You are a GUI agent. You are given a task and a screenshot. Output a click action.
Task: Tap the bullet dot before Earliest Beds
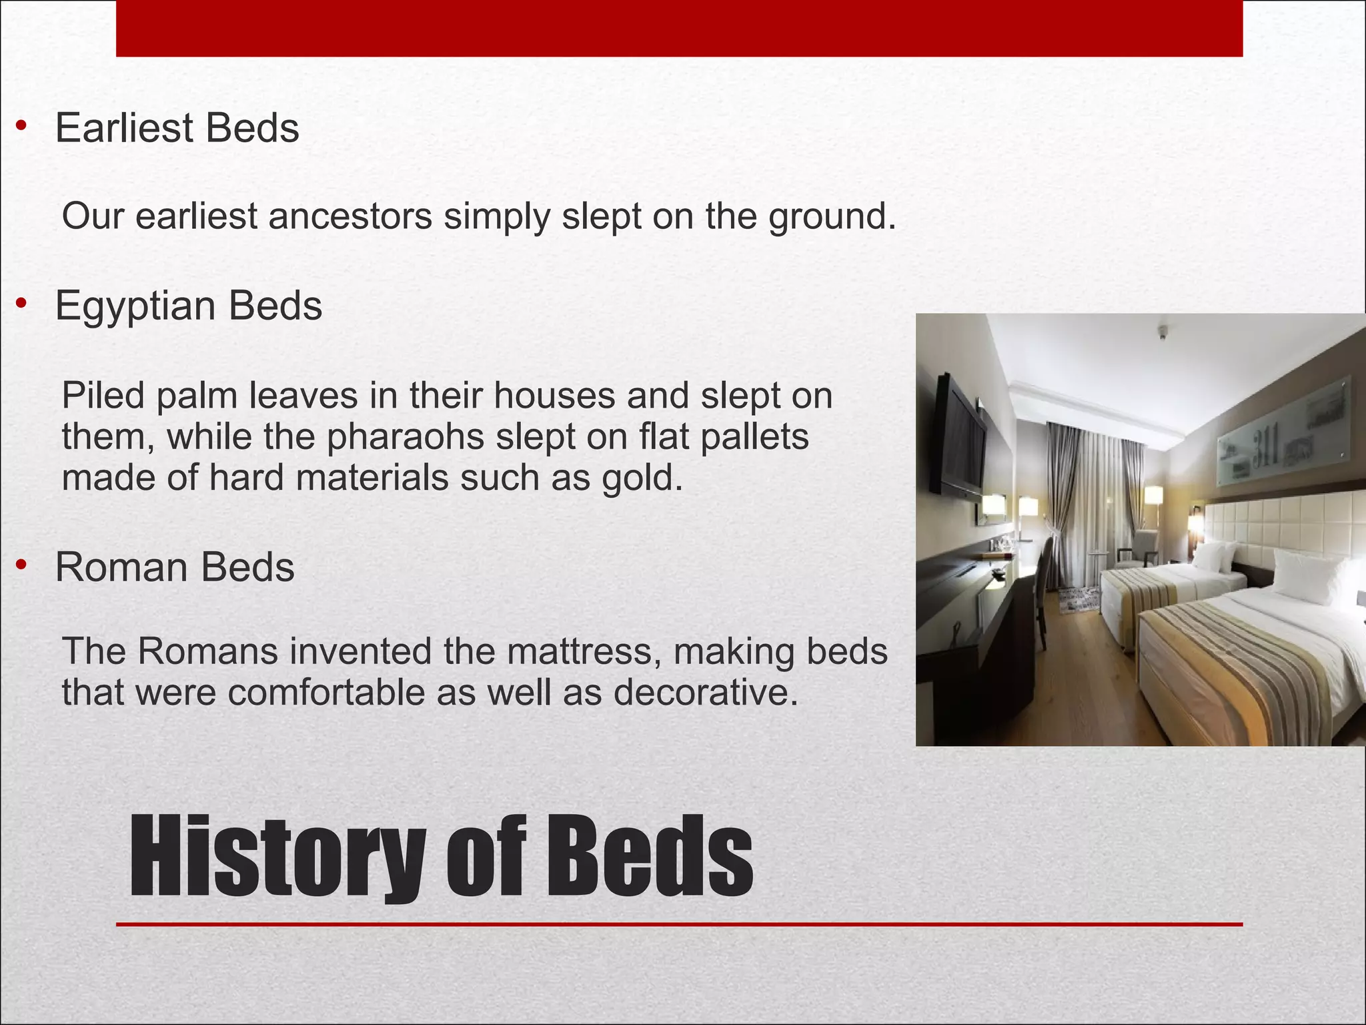22,125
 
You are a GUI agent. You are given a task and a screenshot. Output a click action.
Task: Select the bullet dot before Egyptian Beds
22,304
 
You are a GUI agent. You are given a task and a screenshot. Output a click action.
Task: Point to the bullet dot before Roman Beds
22,565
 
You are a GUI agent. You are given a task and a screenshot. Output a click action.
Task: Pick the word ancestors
350,216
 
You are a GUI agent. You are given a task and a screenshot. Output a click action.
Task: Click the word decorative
705,692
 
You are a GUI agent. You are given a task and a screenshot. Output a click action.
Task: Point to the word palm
197,396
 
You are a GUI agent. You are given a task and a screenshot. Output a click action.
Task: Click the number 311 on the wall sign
1265,444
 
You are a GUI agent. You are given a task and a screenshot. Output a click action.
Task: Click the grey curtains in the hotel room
1074,494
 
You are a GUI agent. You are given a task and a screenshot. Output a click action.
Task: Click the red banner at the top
679,28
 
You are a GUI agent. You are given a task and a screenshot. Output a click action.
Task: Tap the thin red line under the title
679,924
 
